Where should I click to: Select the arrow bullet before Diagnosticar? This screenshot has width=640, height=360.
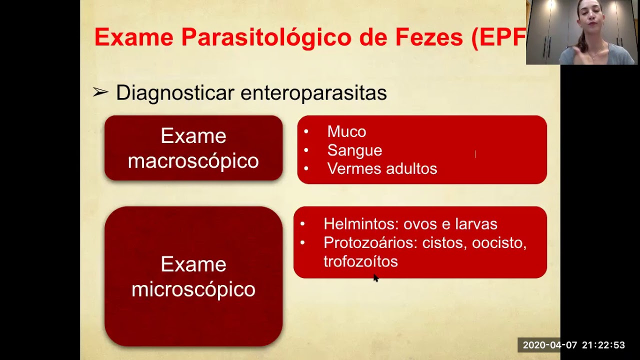click(x=100, y=92)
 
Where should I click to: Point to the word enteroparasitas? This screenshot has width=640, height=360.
click(x=313, y=93)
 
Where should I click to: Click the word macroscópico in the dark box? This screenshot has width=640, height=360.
click(x=193, y=161)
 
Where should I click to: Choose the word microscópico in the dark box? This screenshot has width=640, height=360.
click(x=193, y=289)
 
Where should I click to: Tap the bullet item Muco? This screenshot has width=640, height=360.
click(x=346, y=131)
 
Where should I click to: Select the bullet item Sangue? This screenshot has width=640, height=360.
click(x=354, y=150)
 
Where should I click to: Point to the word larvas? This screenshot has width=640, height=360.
click(x=475, y=224)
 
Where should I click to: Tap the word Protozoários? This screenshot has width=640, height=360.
click(x=370, y=242)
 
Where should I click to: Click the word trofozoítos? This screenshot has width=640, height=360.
click(x=360, y=261)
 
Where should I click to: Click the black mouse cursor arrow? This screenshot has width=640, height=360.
click(x=376, y=278)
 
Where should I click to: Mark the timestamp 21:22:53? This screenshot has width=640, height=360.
click(x=603, y=345)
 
